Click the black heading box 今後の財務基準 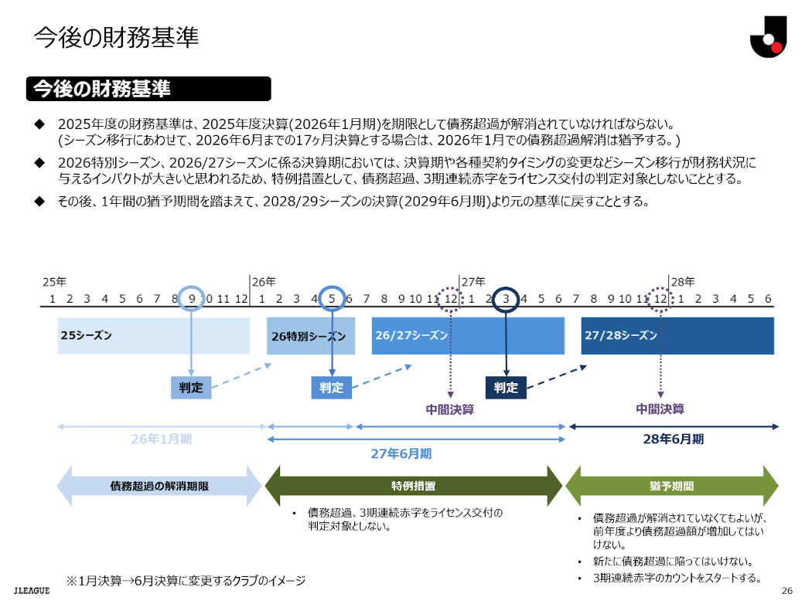pos(148,89)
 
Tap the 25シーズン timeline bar pos(153,336)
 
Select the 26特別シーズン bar pos(311,336)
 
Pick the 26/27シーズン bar pos(468,336)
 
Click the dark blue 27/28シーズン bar pos(677,336)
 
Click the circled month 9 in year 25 pos(192,299)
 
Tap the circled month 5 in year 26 pos(332,299)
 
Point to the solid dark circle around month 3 pos(505,299)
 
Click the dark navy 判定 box pos(506,388)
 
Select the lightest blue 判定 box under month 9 pos(191,388)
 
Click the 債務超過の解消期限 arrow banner pos(159,487)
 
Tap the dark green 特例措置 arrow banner pos(413,487)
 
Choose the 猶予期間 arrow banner pos(671,487)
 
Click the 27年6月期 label pos(401,453)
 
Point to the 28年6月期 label pos(673,439)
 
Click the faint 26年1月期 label pos(161,439)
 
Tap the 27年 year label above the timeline pos(473,281)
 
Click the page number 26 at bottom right pos(787,591)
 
